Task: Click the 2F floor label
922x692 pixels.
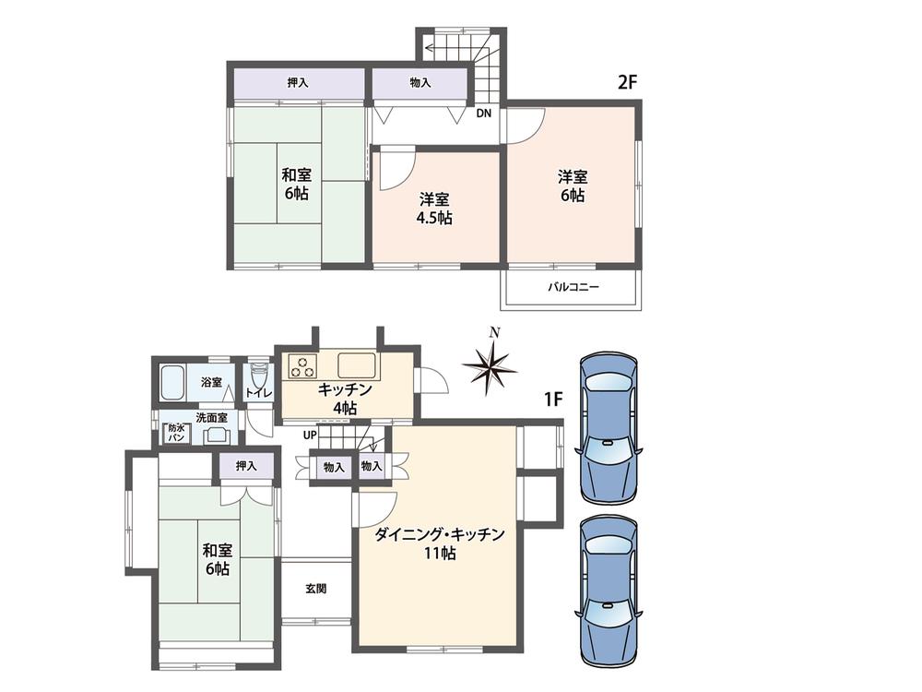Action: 628,81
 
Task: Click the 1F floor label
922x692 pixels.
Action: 552,400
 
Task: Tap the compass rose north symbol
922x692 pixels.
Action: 490,364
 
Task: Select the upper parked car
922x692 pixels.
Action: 608,427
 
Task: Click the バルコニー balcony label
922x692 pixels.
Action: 573,287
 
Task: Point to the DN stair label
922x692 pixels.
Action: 483,114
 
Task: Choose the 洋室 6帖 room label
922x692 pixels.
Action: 572,185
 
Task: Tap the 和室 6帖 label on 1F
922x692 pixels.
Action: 218,559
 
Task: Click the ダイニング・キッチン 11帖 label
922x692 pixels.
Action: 439,543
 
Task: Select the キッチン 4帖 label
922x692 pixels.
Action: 344,398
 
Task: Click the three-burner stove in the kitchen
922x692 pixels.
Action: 301,366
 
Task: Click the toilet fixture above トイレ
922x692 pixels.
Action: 257,376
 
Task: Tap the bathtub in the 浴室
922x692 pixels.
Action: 173,382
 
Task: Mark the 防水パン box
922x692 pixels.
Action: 175,433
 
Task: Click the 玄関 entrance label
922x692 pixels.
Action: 315,588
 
